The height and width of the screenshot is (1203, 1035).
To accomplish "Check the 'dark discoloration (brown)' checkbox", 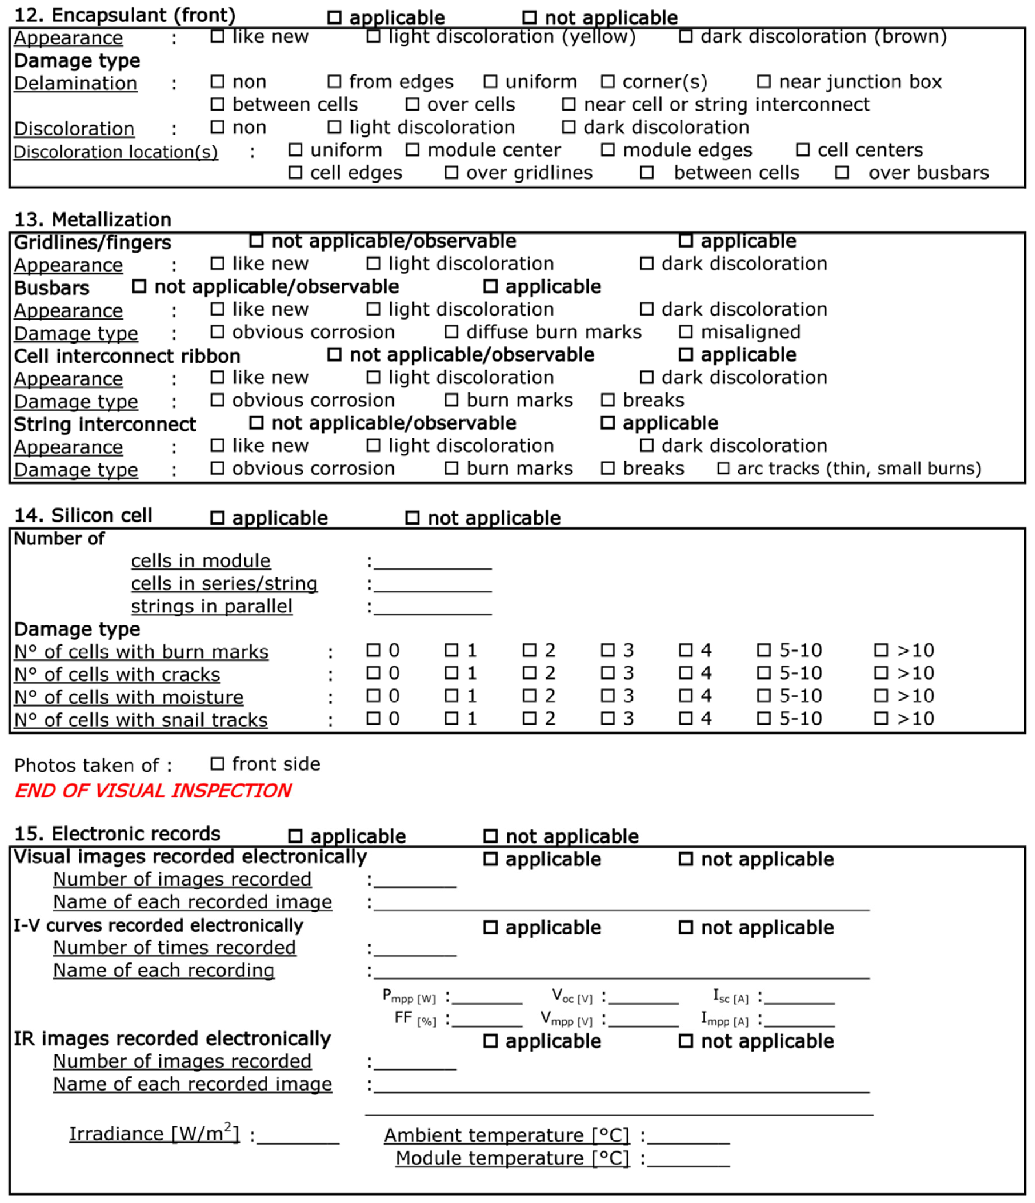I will click(x=685, y=36).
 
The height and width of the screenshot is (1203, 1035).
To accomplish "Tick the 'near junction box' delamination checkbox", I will click(x=764, y=82).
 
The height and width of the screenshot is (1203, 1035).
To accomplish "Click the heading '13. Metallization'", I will click(x=93, y=219).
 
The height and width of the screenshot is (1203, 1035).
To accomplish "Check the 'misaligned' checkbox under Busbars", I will click(x=685, y=332).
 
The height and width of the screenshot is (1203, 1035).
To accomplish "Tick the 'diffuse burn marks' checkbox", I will click(x=451, y=332).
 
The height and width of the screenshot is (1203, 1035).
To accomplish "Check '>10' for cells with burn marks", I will click(x=881, y=650).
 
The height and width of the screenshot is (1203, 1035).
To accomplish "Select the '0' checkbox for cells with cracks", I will click(x=373, y=673).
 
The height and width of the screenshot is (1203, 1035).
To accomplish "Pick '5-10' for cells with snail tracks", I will click(x=764, y=718).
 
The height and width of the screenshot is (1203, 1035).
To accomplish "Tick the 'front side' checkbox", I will click(x=217, y=764).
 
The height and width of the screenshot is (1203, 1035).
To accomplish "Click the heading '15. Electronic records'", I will click(x=117, y=834).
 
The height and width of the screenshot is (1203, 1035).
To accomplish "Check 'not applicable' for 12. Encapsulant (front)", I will click(x=529, y=17).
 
